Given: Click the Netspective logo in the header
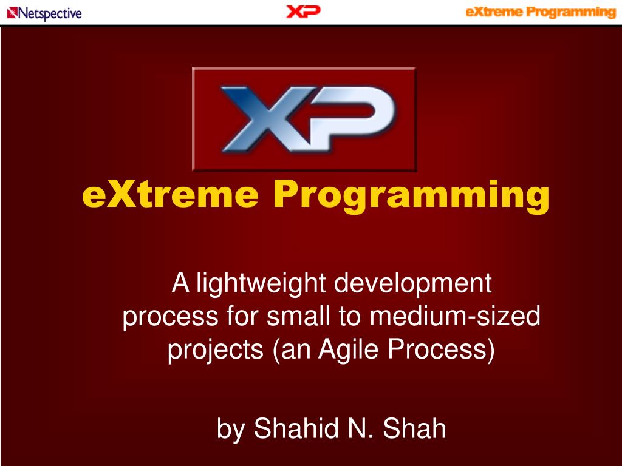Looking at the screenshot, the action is coord(44,13).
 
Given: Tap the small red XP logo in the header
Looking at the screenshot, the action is coord(303,12).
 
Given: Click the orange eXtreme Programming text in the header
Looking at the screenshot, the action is coord(540,12).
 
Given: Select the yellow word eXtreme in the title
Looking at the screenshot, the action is coord(170,195).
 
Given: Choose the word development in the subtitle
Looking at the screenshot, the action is coord(413,284).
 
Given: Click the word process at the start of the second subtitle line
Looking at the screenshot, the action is coord(171,317).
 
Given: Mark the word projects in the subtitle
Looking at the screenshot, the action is coord(216,350).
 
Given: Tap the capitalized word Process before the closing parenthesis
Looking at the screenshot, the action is coord(436,349).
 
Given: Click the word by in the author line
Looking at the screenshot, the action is coord(230,429).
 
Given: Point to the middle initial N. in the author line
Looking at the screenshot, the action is coord(361,428).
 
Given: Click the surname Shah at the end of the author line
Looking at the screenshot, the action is coord(414,428).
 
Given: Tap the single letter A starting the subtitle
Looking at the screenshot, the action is coord(180,283).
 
